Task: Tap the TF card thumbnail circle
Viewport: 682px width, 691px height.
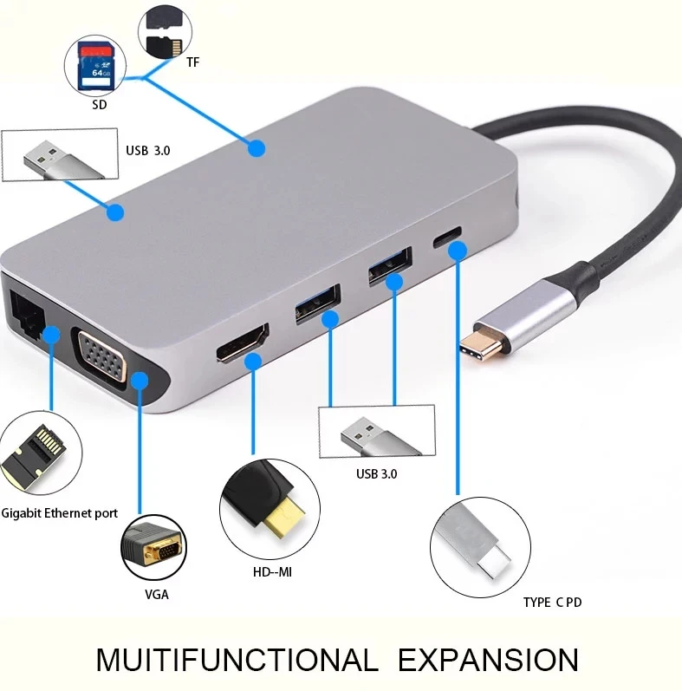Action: point(165,31)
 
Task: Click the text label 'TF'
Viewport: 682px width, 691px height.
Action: point(192,62)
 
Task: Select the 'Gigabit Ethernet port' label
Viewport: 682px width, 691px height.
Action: point(60,513)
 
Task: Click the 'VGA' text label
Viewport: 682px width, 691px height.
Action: point(157,595)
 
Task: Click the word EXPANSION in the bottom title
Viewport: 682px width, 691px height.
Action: point(488,660)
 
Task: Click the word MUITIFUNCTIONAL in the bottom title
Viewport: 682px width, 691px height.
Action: point(237,660)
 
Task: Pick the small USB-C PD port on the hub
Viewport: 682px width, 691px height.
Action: point(448,238)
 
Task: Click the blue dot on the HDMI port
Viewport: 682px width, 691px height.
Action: point(255,362)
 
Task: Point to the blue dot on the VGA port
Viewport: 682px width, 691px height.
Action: point(140,379)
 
